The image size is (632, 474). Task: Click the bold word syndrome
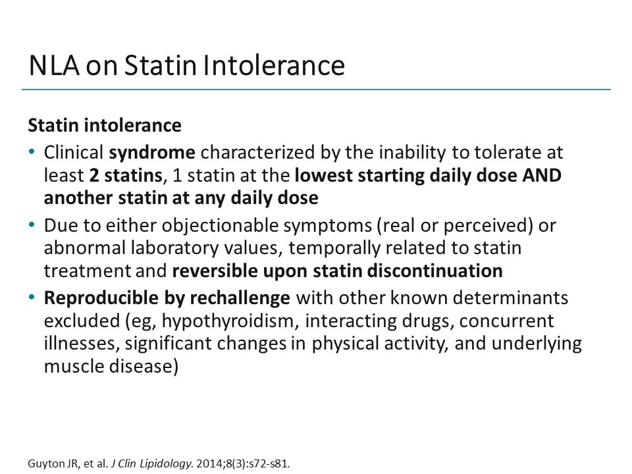tap(152, 153)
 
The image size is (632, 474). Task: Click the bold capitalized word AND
tap(543, 176)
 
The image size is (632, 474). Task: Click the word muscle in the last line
tap(70, 366)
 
